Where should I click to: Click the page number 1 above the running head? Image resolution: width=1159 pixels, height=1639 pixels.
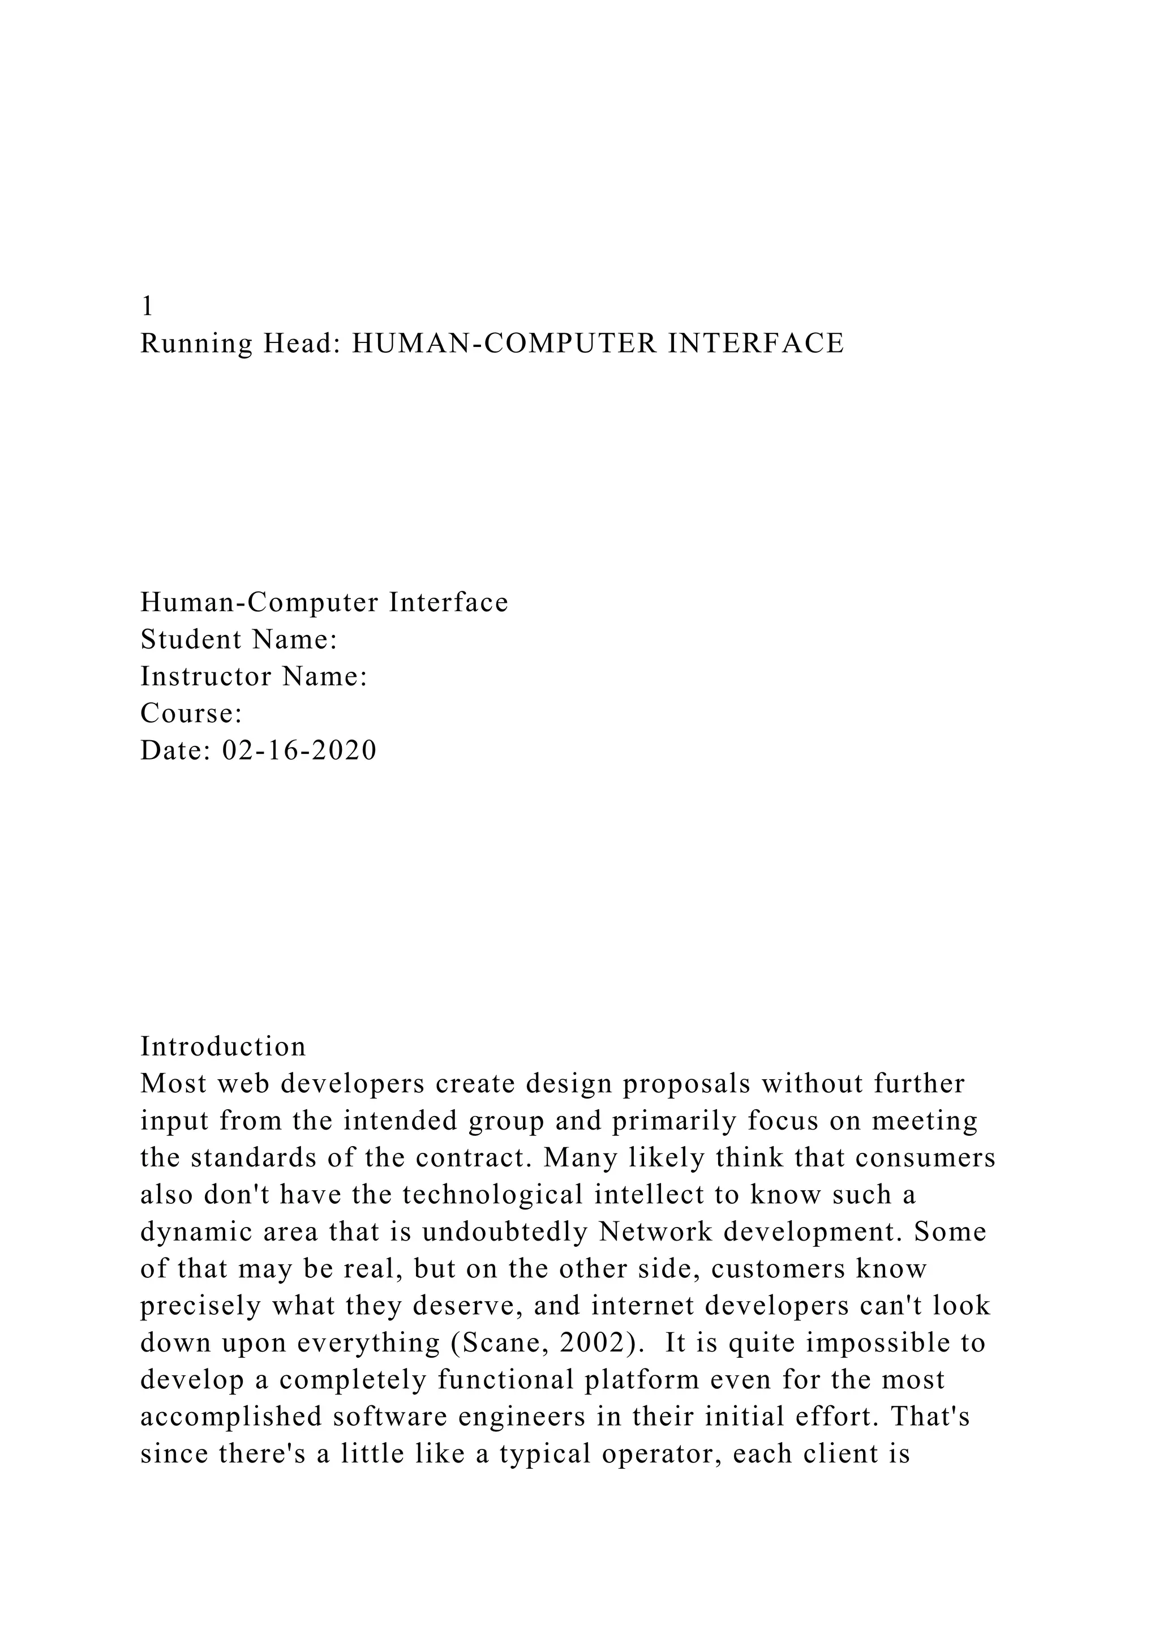click(147, 306)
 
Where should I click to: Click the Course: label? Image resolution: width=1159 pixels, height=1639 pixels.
click(191, 713)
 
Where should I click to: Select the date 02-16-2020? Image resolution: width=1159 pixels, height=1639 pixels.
click(300, 750)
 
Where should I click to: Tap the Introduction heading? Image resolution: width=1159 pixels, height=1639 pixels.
click(222, 1047)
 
